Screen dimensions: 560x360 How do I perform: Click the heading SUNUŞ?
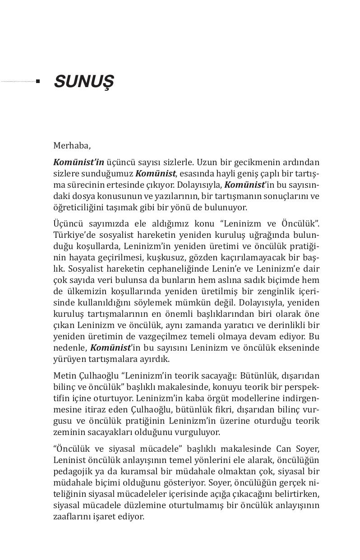[x=83, y=82]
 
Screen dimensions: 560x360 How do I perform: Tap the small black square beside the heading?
[x=38, y=82]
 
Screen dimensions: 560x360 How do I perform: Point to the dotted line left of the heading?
[x=18, y=82]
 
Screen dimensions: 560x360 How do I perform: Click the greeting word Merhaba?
[x=72, y=146]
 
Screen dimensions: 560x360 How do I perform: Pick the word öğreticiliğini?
[x=79, y=208]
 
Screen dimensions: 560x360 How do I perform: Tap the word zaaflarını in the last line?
[x=72, y=516]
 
